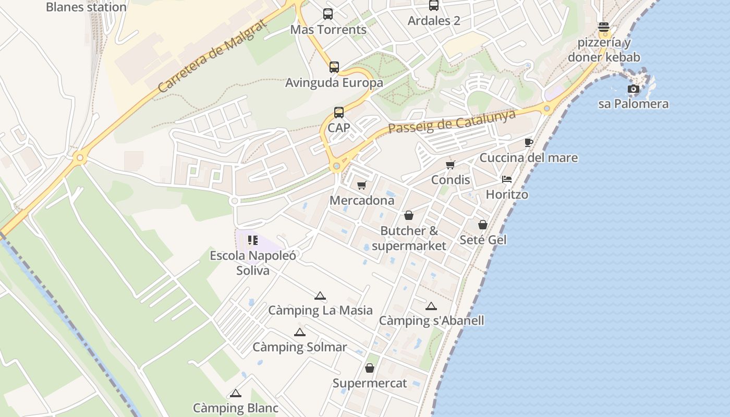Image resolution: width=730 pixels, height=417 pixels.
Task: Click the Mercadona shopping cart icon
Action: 362,185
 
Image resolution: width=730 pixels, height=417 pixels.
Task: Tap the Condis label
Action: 451,180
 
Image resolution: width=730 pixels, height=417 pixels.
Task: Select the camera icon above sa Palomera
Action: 634,89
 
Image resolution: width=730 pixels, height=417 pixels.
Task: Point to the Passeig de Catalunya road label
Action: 452,121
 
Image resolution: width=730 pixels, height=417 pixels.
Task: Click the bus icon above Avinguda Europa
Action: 334,67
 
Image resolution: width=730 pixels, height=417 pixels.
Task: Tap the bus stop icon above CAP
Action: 339,112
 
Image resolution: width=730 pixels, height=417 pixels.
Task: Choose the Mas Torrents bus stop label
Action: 328,30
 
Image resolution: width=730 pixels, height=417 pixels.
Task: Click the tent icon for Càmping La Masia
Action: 320,296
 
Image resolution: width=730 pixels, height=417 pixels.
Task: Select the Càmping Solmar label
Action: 300,347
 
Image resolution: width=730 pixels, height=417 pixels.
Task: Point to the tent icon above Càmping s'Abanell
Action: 431,306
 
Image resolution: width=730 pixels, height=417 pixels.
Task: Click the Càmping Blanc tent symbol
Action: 236,393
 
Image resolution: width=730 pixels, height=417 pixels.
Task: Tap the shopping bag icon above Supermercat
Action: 370,368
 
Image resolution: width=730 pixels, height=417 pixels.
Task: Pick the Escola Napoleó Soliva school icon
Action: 253,240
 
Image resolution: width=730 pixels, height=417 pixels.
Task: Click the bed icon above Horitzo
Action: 507,179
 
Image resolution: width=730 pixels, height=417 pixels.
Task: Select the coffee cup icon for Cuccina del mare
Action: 529,142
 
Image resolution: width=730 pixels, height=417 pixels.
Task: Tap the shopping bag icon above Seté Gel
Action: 483,225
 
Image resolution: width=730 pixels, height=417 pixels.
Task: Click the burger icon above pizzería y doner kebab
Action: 604,27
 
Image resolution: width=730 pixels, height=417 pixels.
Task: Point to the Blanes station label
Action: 86,7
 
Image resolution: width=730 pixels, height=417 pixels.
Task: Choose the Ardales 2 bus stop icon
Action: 434,6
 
